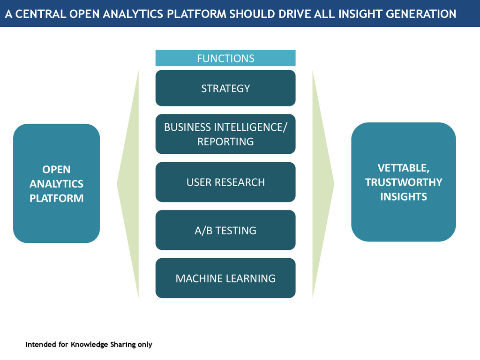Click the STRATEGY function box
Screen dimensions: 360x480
[x=225, y=88]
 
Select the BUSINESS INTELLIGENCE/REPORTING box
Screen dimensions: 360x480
[x=225, y=134]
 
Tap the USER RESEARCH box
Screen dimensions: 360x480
[x=225, y=182]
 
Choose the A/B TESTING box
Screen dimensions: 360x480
[x=225, y=230]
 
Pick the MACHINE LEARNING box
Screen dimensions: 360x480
[x=225, y=278]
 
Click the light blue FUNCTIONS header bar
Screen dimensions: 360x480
[x=225, y=58]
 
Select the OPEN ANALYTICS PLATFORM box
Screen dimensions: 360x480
[x=56, y=183]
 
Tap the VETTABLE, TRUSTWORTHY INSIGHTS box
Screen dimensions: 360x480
[x=403, y=182]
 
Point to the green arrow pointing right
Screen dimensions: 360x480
[x=323, y=184]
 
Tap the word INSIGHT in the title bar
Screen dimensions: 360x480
[x=360, y=14]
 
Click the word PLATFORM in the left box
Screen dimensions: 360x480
[x=56, y=198]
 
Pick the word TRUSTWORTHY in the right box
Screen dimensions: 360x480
[x=403, y=182]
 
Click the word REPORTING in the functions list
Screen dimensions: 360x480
[x=225, y=142]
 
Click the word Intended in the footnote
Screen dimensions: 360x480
[x=41, y=345]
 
